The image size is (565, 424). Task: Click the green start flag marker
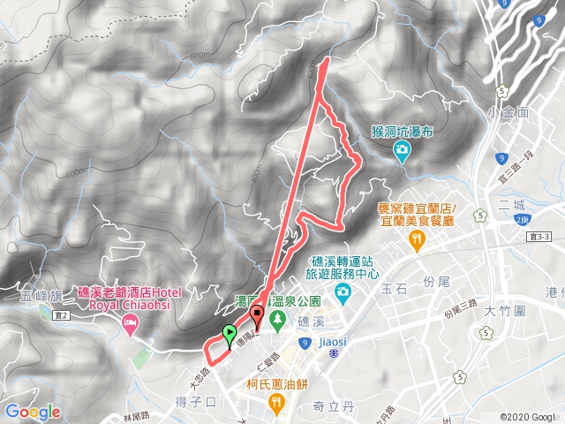coord(230,334)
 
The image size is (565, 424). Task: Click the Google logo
coord(33,412)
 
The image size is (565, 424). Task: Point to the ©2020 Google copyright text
coord(527,417)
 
